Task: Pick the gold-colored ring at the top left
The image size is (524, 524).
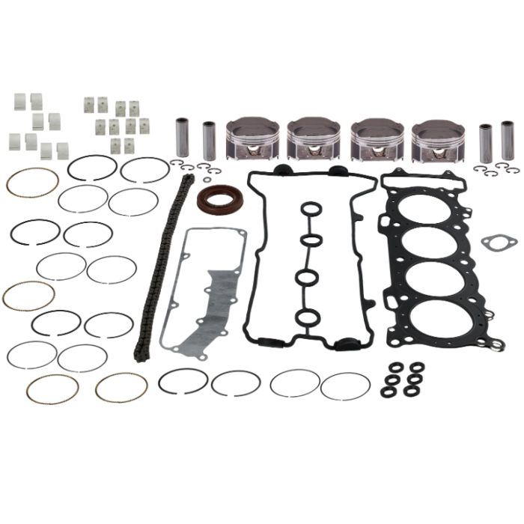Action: tap(32, 182)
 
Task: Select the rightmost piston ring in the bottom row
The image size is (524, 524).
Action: tap(345, 386)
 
